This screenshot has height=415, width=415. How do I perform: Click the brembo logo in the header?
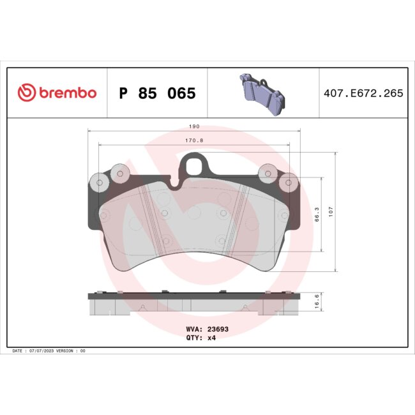[x=57, y=93]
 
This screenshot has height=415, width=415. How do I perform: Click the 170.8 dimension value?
[x=195, y=142]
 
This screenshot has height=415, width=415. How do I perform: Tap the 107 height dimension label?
[x=331, y=211]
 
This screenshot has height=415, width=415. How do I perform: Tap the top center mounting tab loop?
[x=195, y=168]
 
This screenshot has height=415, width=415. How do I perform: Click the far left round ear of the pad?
[x=99, y=183]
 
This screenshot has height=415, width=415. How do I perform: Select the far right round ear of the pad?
[x=290, y=183]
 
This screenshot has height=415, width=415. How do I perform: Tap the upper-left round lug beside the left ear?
[x=119, y=172]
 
